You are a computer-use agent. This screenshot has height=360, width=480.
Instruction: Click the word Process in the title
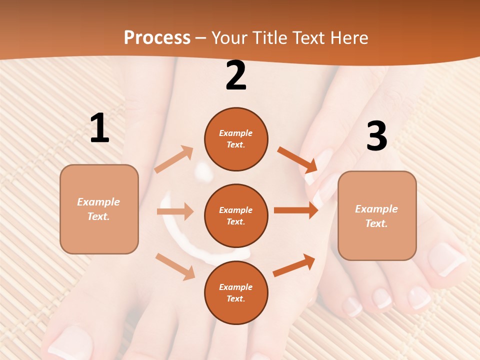157,38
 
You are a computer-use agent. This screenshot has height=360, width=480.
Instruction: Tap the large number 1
99,128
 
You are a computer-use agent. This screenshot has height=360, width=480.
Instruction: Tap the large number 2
236,76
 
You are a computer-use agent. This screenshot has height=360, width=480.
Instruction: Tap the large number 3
376,136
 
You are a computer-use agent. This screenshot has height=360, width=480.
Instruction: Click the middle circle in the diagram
236,215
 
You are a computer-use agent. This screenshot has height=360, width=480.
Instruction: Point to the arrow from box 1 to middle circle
175,211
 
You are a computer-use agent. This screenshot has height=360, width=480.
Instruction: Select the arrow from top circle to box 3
297,159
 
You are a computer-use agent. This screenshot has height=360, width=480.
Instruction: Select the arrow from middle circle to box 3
296,210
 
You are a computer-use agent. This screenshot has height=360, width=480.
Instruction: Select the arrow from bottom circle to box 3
294,265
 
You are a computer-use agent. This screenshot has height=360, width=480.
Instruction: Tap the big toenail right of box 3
446,259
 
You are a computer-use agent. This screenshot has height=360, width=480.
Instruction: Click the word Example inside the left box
98,202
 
